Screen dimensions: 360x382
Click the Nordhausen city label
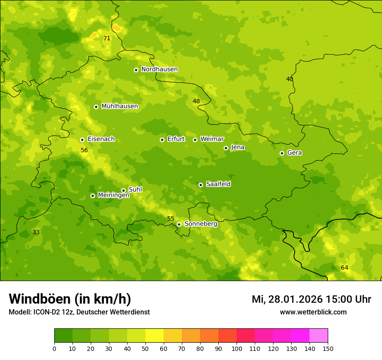click(159, 69)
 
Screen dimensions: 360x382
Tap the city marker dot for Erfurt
click(162, 140)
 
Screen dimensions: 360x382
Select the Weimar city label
click(212, 139)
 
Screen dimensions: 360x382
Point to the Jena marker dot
click(226, 148)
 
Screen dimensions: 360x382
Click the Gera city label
click(294, 153)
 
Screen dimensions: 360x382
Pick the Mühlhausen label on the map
click(119, 106)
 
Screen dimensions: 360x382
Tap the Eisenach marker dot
click(82, 140)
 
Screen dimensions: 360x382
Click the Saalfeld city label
click(218, 184)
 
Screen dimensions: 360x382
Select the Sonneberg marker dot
click(179, 224)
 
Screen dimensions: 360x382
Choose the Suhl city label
click(135, 190)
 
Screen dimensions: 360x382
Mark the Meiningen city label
click(113, 195)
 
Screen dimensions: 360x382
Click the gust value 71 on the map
click(107, 39)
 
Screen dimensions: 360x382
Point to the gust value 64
click(344, 268)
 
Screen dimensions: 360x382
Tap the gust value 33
click(36, 232)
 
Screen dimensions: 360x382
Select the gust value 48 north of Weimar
click(196, 101)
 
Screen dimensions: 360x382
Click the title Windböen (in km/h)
click(70, 299)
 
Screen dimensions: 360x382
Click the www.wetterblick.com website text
click(313, 312)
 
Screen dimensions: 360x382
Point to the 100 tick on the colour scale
click(237, 349)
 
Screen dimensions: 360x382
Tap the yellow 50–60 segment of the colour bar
click(155, 336)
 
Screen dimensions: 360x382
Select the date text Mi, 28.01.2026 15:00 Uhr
click(311, 299)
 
